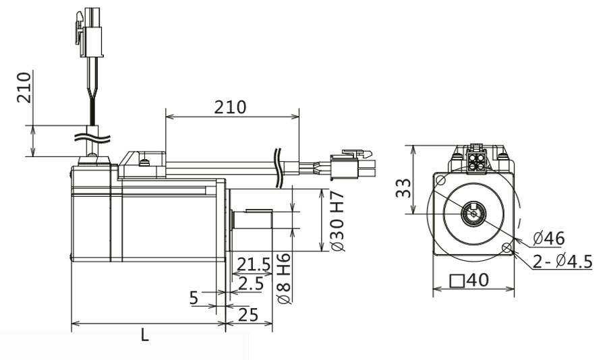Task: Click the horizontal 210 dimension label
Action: pyautogui.click(x=230, y=107)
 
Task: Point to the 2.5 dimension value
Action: pyautogui.click(x=250, y=284)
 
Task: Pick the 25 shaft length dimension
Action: pyautogui.click(x=248, y=314)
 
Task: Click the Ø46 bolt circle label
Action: pyautogui.click(x=548, y=238)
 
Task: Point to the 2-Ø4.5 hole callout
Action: pyautogui.click(x=562, y=262)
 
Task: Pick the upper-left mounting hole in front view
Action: pyautogui.click(x=440, y=181)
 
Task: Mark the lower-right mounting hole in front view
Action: pyautogui.click(x=506, y=248)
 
